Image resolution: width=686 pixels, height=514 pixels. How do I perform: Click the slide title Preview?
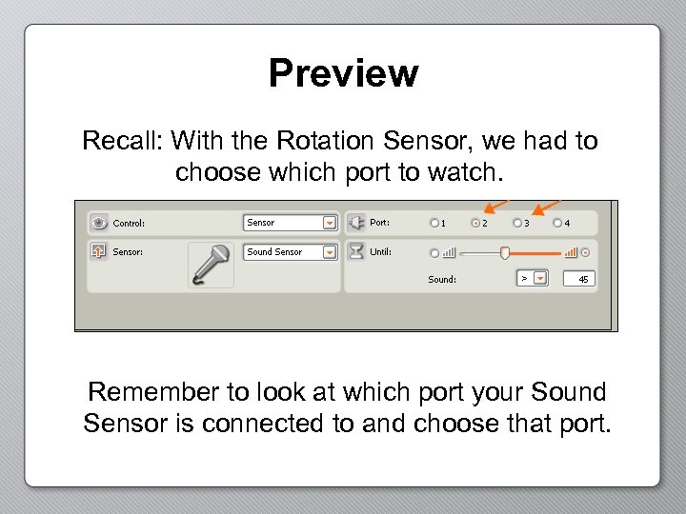pos(343,73)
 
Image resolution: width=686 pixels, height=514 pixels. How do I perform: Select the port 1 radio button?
pos(434,224)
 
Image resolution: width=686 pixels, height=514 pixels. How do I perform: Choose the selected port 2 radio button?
pos(475,224)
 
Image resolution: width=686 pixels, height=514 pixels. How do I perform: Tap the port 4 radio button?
pos(557,224)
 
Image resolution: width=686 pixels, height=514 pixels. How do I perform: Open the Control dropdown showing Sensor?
pos(329,223)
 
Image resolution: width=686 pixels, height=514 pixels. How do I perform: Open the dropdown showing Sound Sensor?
pos(329,252)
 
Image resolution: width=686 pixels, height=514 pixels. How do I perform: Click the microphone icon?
pos(211,264)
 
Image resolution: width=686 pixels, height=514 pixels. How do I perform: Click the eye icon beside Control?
pos(98,223)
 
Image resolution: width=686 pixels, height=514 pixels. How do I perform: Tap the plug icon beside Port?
pos(355,223)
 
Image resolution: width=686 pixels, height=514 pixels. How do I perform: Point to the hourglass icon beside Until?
pos(355,252)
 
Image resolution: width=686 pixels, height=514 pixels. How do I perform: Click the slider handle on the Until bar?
pos(505,252)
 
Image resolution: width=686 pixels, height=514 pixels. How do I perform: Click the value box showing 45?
pos(582,279)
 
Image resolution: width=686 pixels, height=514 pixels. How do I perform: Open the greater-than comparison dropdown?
pos(540,279)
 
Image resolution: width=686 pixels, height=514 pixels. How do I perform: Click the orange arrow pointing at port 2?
pos(494,207)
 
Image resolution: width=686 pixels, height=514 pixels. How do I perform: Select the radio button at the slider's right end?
pos(586,252)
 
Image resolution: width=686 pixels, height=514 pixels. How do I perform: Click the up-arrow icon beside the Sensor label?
pos(98,252)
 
